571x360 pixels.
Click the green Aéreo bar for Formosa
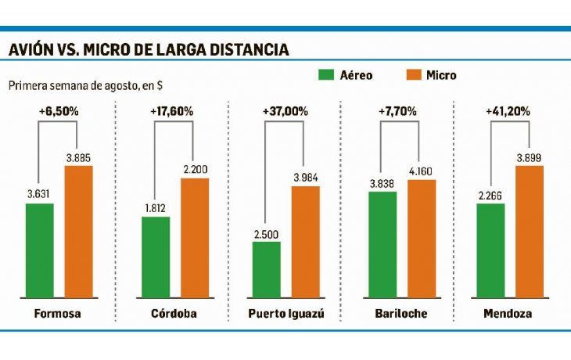click(x=39, y=250)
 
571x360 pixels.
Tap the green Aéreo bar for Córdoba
click(x=156, y=257)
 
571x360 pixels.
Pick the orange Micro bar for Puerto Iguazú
click(x=305, y=242)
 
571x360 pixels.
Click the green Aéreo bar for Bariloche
click(x=382, y=244)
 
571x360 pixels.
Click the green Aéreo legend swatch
click(x=327, y=75)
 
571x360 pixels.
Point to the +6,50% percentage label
click(x=59, y=111)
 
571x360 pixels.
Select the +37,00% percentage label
click(x=286, y=111)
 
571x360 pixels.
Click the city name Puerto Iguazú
click(x=285, y=314)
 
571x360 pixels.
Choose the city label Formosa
click(x=59, y=314)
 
